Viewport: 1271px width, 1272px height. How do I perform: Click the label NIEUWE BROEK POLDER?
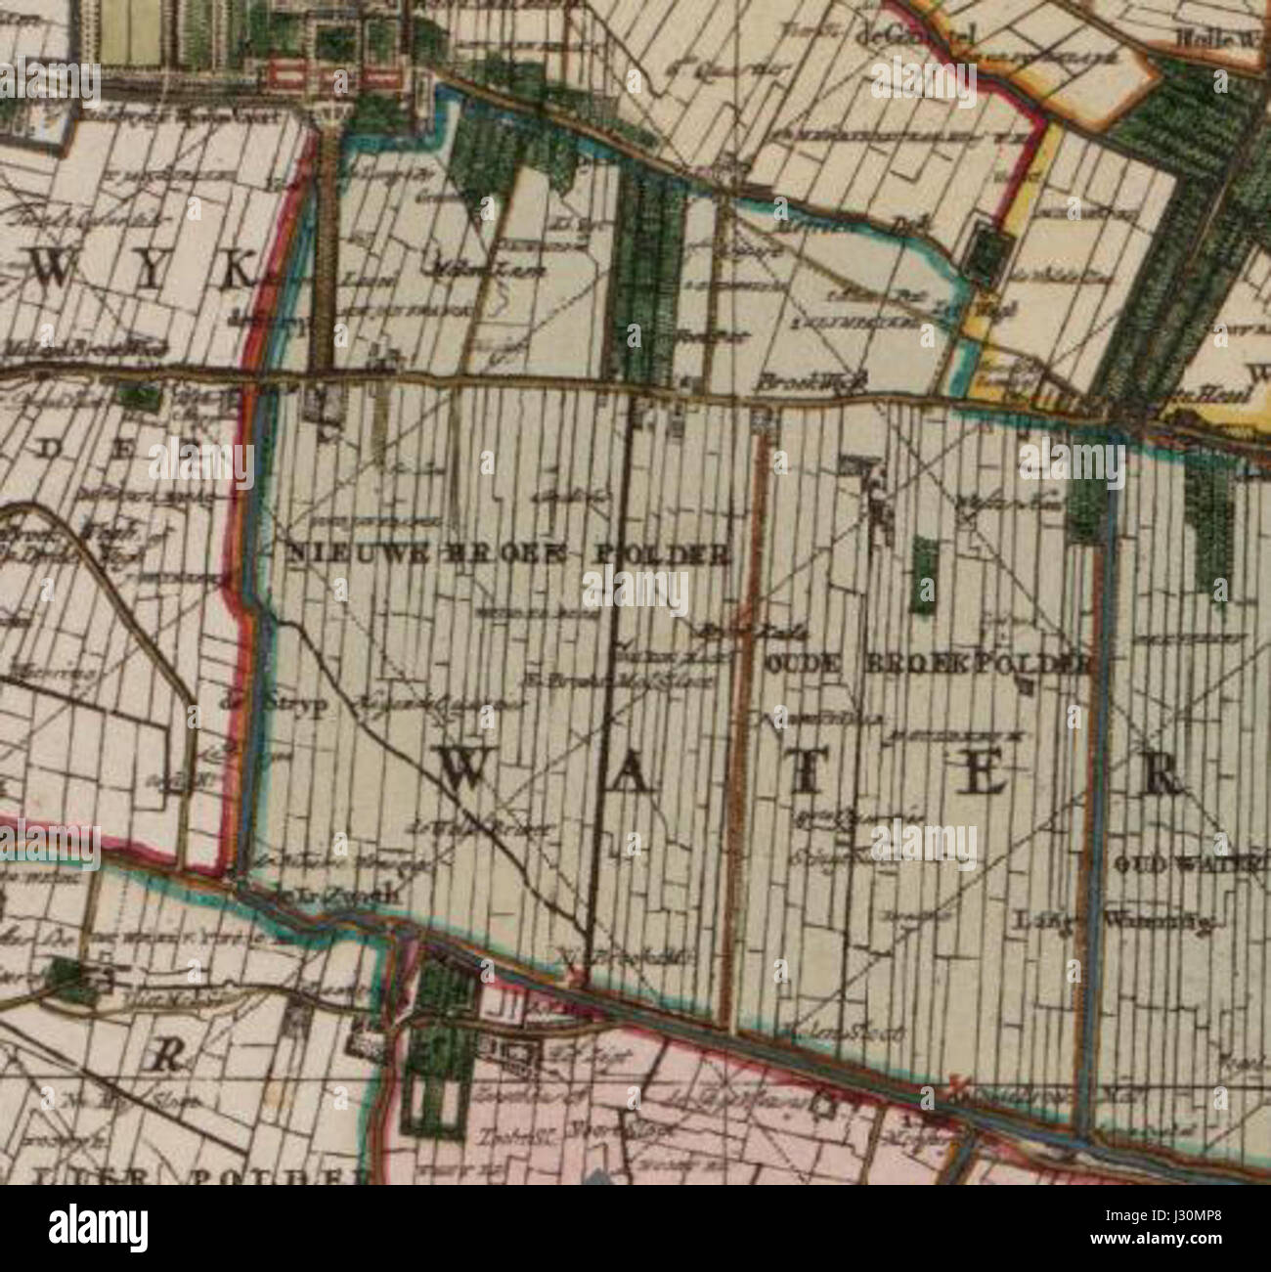coord(508,554)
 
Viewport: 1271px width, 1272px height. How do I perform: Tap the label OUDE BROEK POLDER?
coord(926,664)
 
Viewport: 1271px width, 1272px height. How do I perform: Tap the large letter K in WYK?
coord(235,270)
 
